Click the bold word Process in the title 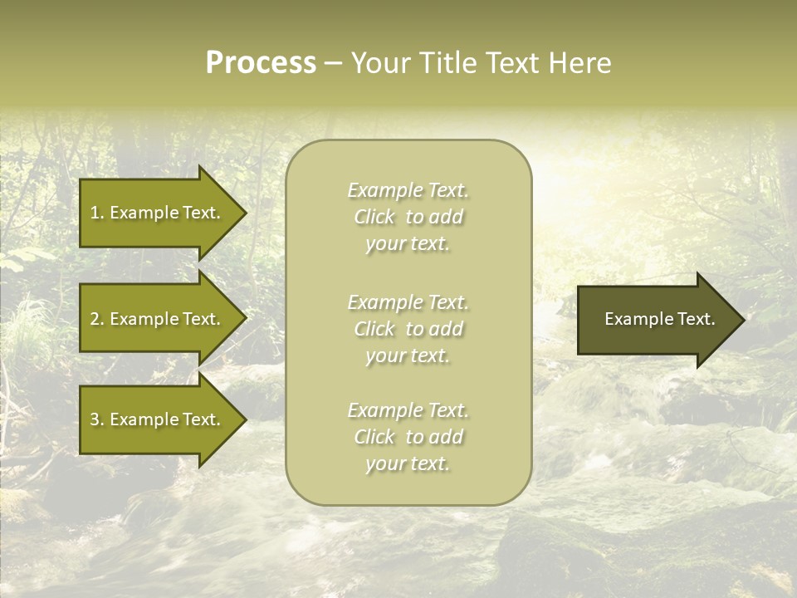tap(261, 63)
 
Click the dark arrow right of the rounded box tap(656, 319)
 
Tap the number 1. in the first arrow tap(97, 213)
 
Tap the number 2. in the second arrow tap(97, 319)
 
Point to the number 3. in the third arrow tap(97, 419)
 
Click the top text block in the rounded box tap(408, 217)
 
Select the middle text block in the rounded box tap(408, 329)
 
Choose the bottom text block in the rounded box tap(408, 437)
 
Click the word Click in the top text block tap(374, 218)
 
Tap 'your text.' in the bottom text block tap(408, 464)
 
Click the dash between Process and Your tap(332, 64)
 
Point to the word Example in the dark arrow tap(633, 319)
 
